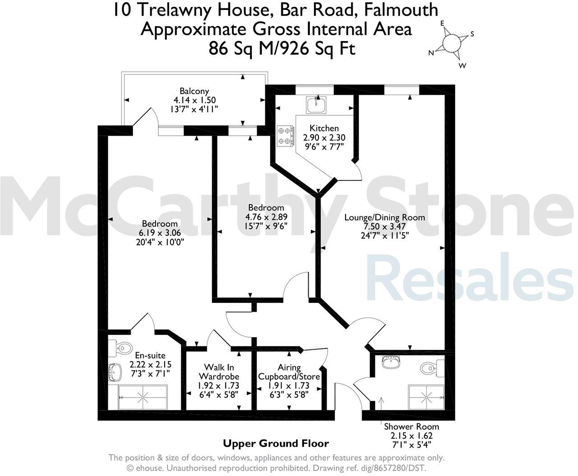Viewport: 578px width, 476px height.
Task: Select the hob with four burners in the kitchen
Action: click(286, 136)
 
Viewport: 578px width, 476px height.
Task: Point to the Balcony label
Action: click(194, 91)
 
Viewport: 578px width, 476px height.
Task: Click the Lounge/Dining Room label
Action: click(384, 217)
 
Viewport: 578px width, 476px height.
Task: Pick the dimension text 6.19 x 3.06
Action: click(160, 233)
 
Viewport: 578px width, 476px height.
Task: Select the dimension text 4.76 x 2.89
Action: click(266, 217)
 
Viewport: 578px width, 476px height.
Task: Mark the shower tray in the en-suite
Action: click(143, 397)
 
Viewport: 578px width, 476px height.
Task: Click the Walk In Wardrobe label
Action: click(219, 372)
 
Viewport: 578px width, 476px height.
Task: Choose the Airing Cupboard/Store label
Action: click(289, 372)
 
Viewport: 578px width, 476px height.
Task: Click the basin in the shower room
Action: click(389, 362)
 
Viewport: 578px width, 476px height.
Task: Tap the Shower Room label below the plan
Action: click(411, 426)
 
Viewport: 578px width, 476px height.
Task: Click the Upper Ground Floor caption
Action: click(276, 444)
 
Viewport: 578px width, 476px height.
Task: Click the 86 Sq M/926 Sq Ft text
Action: click(282, 48)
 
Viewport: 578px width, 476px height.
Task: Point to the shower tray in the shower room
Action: click(426, 397)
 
